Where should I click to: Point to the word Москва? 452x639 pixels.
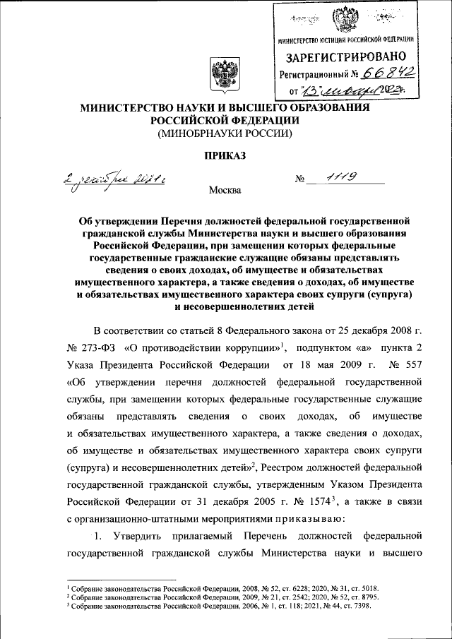point(225,191)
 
